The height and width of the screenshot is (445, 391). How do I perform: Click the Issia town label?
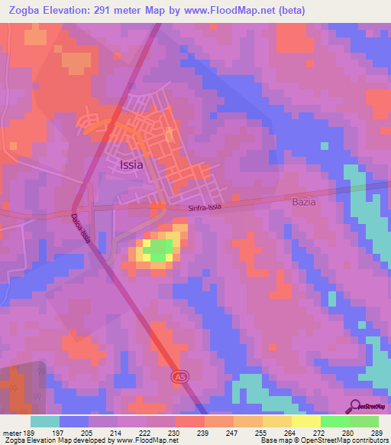pos(131,164)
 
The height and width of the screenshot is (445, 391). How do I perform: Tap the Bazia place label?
pos(304,203)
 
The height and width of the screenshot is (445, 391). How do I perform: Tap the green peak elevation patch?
pos(159,250)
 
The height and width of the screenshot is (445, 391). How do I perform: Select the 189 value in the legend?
pos(29,433)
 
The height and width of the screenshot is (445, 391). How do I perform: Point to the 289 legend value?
pos(375,433)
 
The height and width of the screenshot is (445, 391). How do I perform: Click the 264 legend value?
pos(290,433)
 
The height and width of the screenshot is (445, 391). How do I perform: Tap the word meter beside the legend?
pos(11,433)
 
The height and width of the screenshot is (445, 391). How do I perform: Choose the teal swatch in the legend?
pos(45,421)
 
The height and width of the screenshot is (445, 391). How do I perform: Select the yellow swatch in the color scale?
pos(305,421)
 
